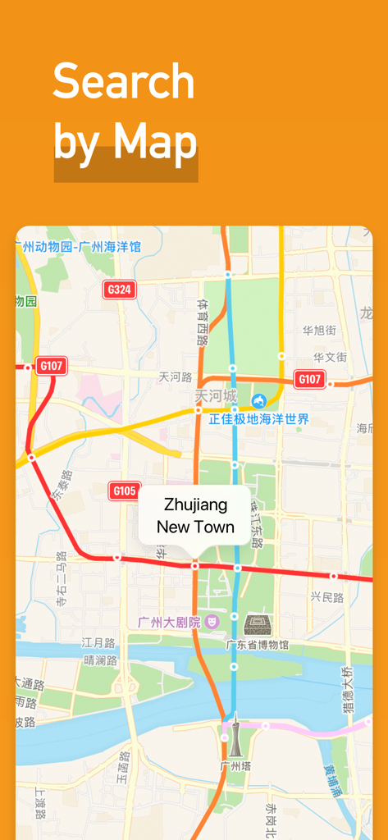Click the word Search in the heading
[x=124, y=82]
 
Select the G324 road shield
[x=120, y=290]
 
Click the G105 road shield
[x=124, y=491]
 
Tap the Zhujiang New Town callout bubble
[x=194, y=515]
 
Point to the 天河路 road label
[x=176, y=377]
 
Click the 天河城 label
[x=215, y=395]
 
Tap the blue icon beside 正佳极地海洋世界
[x=259, y=400]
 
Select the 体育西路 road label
[x=203, y=322]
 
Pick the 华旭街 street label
[x=319, y=331]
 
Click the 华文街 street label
[x=330, y=357]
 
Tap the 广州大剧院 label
[x=169, y=622]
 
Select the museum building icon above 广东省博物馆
[x=258, y=625]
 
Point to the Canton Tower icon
[x=235, y=734]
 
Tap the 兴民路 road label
[x=326, y=597]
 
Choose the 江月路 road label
[x=98, y=642]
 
